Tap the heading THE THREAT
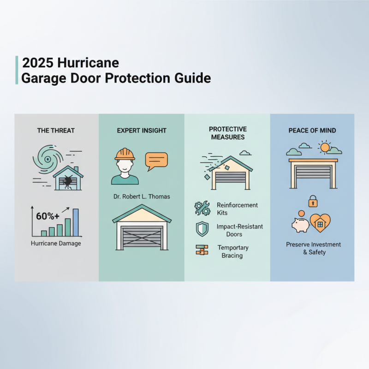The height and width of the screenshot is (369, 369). tap(56, 131)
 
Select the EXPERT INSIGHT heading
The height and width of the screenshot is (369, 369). tap(141, 131)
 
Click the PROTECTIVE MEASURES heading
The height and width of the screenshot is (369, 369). tap(227, 133)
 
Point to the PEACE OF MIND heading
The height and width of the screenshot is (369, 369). tap(312, 131)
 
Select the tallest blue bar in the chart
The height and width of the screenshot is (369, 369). tap(76, 222)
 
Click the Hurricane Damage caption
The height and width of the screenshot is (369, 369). tap(56, 243)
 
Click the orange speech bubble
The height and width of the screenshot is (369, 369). tap(156, 160)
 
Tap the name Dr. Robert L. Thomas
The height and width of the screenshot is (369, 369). tap(141, 196)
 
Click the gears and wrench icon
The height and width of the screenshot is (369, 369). tap(202, 208)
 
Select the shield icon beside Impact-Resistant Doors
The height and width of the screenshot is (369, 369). tap(202, 229)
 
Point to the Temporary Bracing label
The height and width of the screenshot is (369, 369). tap(233, 251)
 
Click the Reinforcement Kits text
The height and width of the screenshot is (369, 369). tap(237, 208)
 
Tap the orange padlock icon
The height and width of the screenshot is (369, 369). tap(313, 201)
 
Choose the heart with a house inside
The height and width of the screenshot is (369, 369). tap(319, 223)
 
